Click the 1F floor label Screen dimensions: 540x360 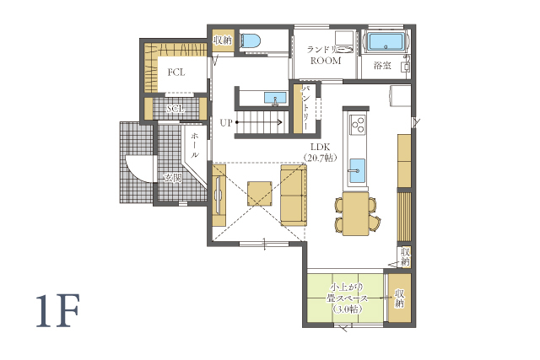58,310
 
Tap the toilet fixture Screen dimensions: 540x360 250,40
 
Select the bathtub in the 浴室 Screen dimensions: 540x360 386,42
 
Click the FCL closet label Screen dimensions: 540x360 176,73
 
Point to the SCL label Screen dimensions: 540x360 175,109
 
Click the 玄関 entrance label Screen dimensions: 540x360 172,178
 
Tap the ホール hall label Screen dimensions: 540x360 195,145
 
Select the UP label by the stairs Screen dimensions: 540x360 226,123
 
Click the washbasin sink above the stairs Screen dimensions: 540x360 275,98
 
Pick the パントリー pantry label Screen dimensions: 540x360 306,107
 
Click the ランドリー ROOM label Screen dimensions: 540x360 326,55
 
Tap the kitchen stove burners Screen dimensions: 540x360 357,125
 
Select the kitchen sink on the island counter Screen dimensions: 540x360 358,169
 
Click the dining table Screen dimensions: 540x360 356,214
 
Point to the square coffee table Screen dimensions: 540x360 259,194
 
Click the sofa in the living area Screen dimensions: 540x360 294,195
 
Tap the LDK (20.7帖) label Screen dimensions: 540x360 321,153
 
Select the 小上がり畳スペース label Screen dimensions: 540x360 347,298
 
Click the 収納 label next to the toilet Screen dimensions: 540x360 223,40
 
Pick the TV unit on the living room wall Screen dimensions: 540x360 219,195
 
